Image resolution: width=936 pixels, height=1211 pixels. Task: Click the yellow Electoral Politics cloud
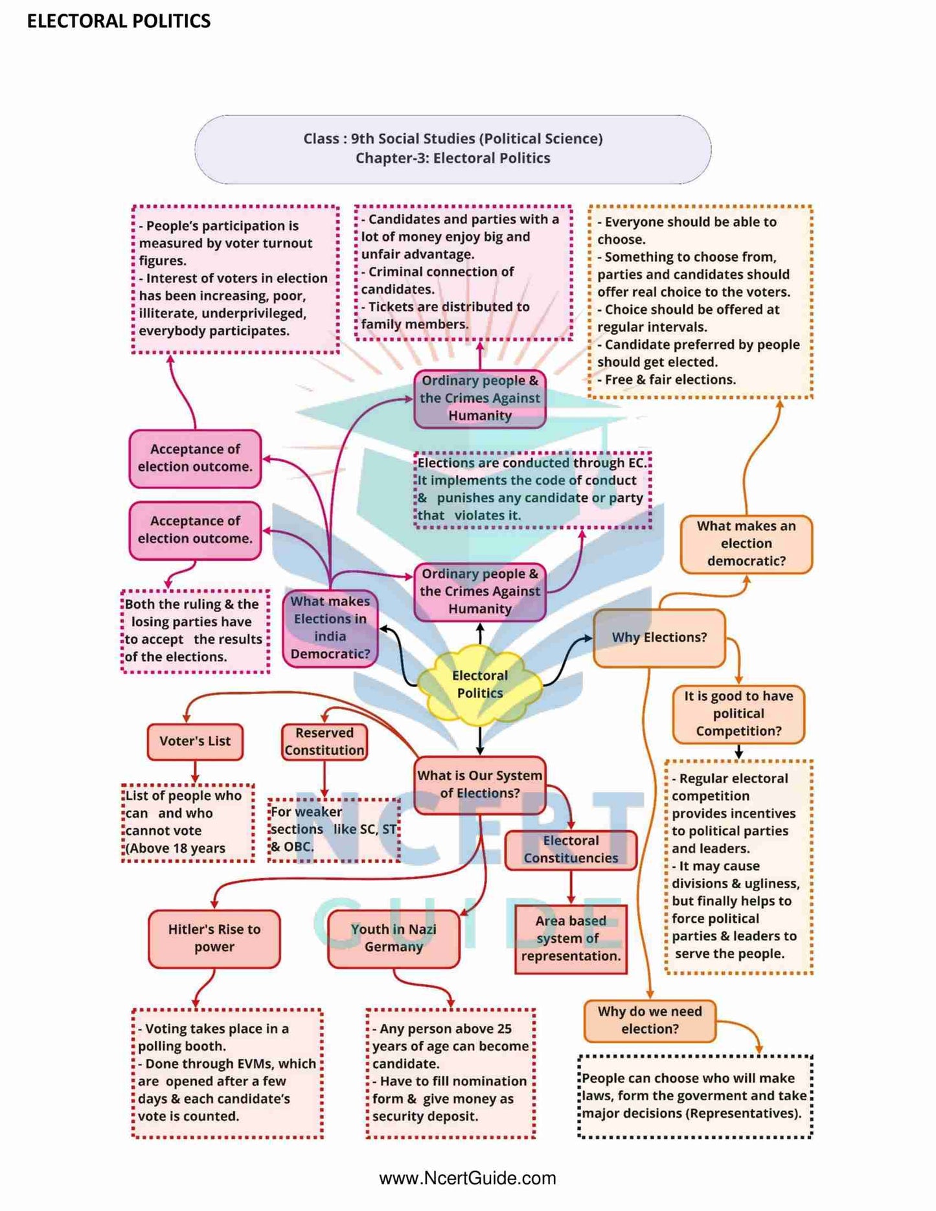click(479, 685)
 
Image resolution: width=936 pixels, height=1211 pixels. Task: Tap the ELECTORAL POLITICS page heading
click(119, 21)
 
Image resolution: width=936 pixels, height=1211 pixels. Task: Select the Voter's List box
click(195, 741)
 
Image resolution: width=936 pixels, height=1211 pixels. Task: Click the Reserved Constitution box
click(324, 741)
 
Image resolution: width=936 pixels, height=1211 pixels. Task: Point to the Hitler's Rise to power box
click(214, 938)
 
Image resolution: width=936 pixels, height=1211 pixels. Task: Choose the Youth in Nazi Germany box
click(393, 938)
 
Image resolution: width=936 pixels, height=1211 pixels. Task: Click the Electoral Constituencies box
click(571, 850)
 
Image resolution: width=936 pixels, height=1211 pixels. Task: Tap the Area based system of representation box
click(571, 938)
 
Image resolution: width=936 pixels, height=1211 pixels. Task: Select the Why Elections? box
click(659, 638)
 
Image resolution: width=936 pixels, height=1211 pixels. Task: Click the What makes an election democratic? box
click(746, 544)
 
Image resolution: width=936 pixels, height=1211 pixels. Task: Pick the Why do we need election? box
click(650, 1021)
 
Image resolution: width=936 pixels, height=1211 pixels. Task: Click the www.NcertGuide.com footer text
click(468, 1178)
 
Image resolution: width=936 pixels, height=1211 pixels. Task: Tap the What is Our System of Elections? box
click(479, 784)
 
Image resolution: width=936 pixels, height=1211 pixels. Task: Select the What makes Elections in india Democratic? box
click(330, 628)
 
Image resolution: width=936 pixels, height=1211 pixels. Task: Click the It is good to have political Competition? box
click(738, 714)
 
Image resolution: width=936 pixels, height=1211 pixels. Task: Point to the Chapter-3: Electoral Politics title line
click(453, 159)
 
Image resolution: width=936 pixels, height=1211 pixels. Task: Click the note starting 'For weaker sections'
click(334, 830)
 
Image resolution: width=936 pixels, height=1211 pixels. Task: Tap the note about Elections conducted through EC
click(532, 490)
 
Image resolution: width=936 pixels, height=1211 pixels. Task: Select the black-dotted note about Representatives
click(694, 1096)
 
